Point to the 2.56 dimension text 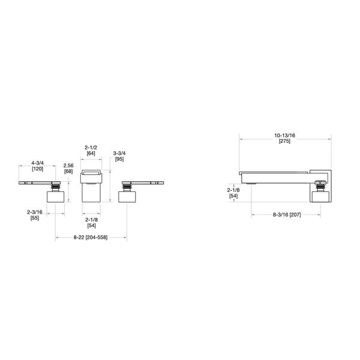pyautogui.click(x=68, y=166)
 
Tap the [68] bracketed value pyautogui.click(x=68, y=172)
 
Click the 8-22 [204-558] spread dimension pyautogui.click(x=91, y=238)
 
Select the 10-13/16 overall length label pyautogui.click(x=284, y=136)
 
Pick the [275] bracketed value pyautogui.click(x=284, y=142)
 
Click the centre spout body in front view pyautogui.click(x=91, y=192)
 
